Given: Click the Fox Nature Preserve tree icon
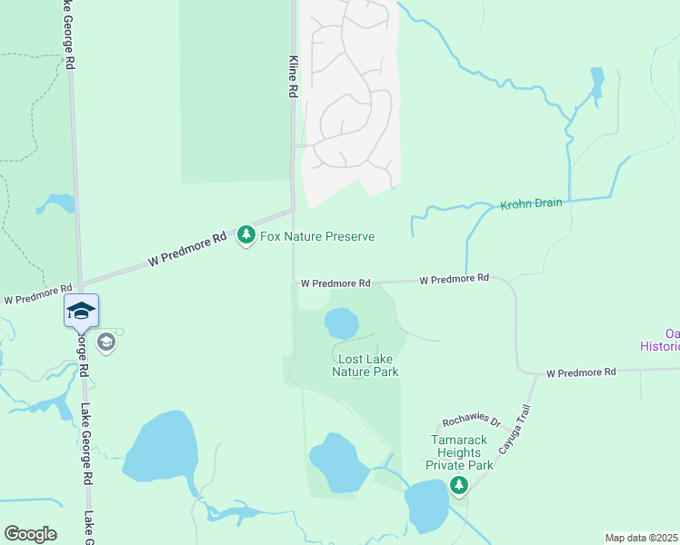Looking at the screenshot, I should (245, 236).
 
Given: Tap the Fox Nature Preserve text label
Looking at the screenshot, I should (318, 237).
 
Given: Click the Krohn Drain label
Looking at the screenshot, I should (531, 204).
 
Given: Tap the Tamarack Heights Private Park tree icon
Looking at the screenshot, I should (459, 486).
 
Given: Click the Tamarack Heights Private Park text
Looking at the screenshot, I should (461, 452).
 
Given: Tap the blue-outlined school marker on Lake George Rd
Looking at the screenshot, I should (81, 311).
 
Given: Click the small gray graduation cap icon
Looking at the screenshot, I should (106, 342).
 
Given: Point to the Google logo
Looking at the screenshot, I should (30, 534).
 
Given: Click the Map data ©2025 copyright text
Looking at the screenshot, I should (641, 538).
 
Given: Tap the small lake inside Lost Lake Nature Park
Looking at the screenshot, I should (341, 322).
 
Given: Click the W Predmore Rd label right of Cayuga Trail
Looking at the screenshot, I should (581, 372).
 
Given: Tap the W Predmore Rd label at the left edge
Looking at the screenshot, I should (32, 298).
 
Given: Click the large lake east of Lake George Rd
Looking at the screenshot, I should (160, 447).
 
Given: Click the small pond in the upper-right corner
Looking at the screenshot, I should (596, 83).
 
